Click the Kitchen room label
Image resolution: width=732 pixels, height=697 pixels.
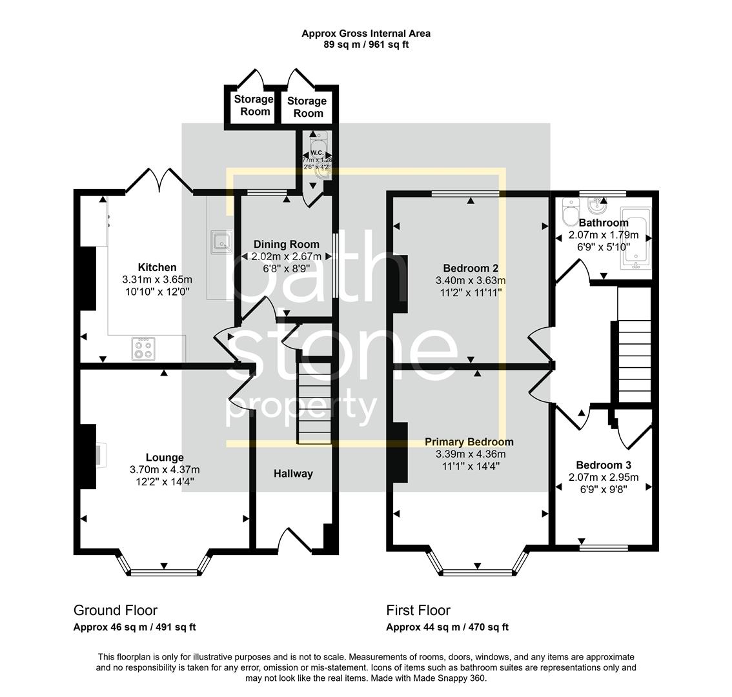(x=157, y=267)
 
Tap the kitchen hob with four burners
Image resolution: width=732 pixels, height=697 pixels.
(x=144, y=349)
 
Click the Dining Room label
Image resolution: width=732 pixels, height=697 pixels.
(x=286, y=244)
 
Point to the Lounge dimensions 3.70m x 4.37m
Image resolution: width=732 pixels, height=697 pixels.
(x=165, y=469)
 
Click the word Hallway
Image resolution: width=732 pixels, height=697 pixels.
(x=293, y=474)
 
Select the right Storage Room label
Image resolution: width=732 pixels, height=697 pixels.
(x=307, y=106)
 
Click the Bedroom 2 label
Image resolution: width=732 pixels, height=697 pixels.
(x=471, y=268)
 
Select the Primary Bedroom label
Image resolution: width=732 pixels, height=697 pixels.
(x=469, y=442)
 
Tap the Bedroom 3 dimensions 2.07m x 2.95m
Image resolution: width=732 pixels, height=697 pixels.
(x=603, y=478)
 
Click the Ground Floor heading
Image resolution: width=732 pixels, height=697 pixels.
(x=116, y=611)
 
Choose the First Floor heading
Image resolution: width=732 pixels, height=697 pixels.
(x=418, y=611)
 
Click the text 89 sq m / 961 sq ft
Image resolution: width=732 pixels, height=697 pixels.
(x=366, y=45)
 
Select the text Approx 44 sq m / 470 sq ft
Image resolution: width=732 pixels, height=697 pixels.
(x=447, y=627)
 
